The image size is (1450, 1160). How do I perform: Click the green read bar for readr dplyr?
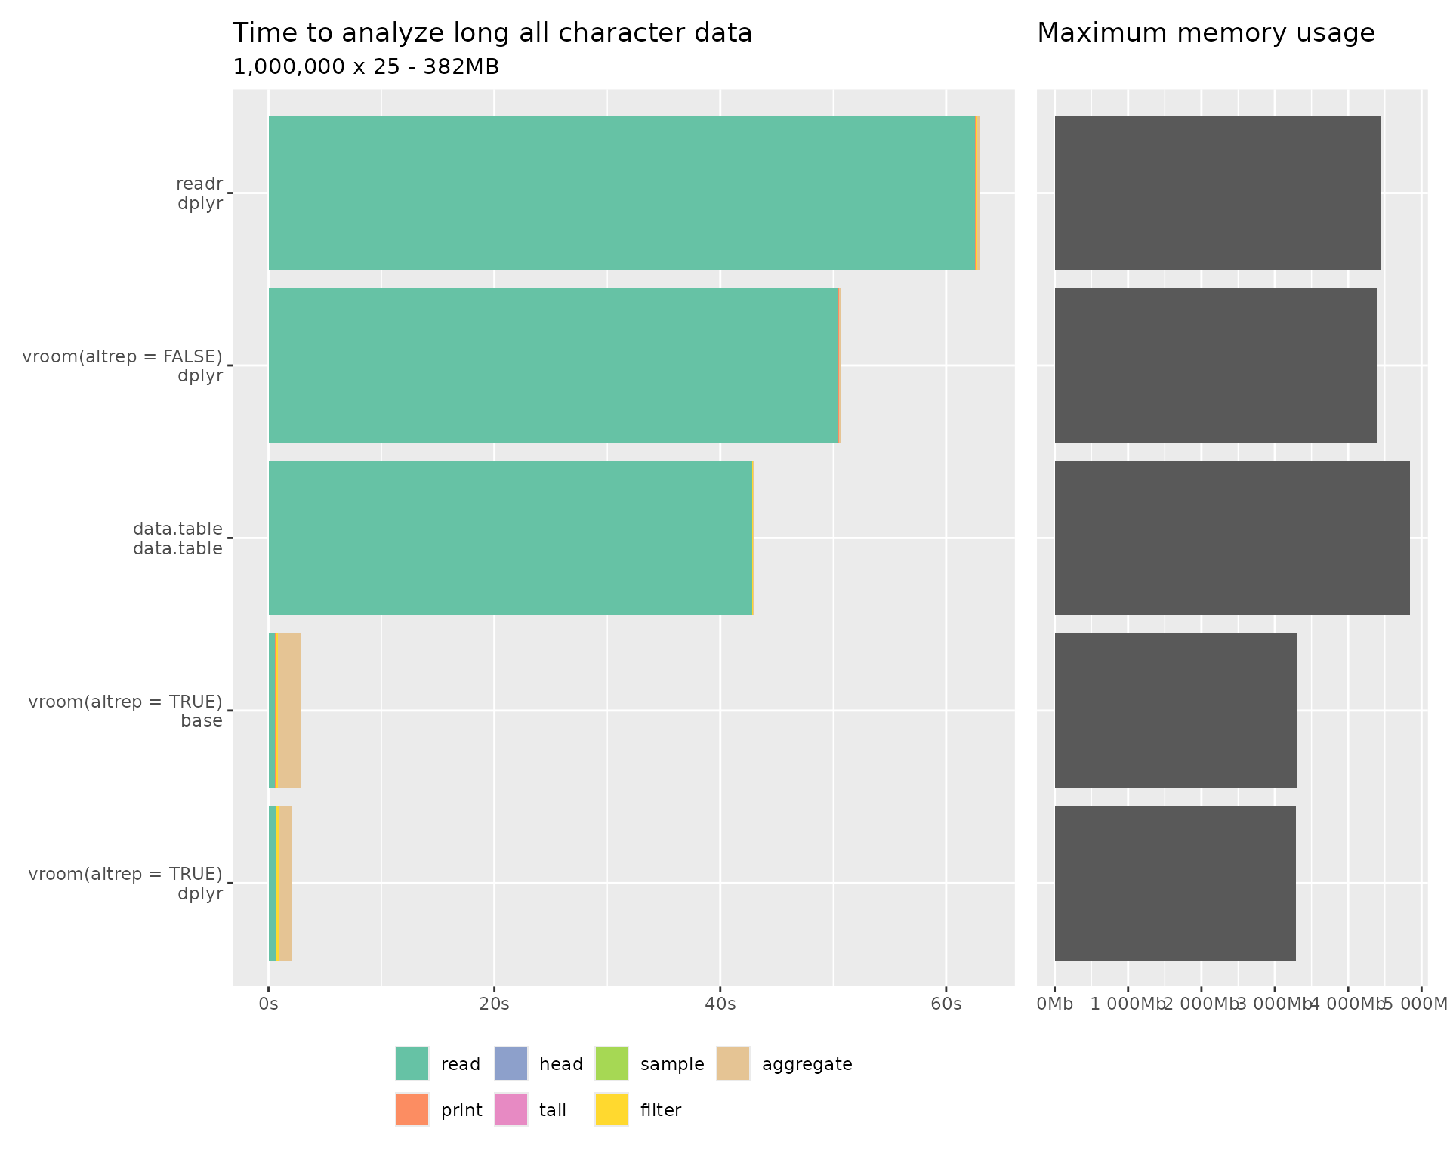622,193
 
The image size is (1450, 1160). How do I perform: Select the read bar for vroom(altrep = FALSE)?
553,366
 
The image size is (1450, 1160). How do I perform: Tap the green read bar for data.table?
510,538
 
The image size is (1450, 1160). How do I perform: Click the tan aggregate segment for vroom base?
289,711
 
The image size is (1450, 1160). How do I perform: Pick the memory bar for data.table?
1232,538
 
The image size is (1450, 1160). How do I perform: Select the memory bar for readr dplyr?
1217,193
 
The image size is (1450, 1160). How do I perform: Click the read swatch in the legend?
412,1063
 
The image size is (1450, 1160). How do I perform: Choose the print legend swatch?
412,1109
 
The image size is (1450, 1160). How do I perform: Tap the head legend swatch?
511,1063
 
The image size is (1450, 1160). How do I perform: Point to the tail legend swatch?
511,1109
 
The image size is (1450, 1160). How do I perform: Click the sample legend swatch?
612,1063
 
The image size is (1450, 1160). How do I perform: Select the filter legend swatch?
612,1109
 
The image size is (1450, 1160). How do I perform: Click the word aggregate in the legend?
807,1064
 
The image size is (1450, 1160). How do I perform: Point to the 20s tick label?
494,1004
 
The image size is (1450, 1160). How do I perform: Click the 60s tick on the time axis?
946,1004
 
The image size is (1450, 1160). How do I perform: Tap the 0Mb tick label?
1054,1004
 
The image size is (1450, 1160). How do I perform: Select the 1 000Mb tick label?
1128,1004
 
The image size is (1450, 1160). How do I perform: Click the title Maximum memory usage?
1205,33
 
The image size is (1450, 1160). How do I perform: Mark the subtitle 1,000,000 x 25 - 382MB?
366,67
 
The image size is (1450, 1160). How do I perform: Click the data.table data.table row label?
177,538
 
